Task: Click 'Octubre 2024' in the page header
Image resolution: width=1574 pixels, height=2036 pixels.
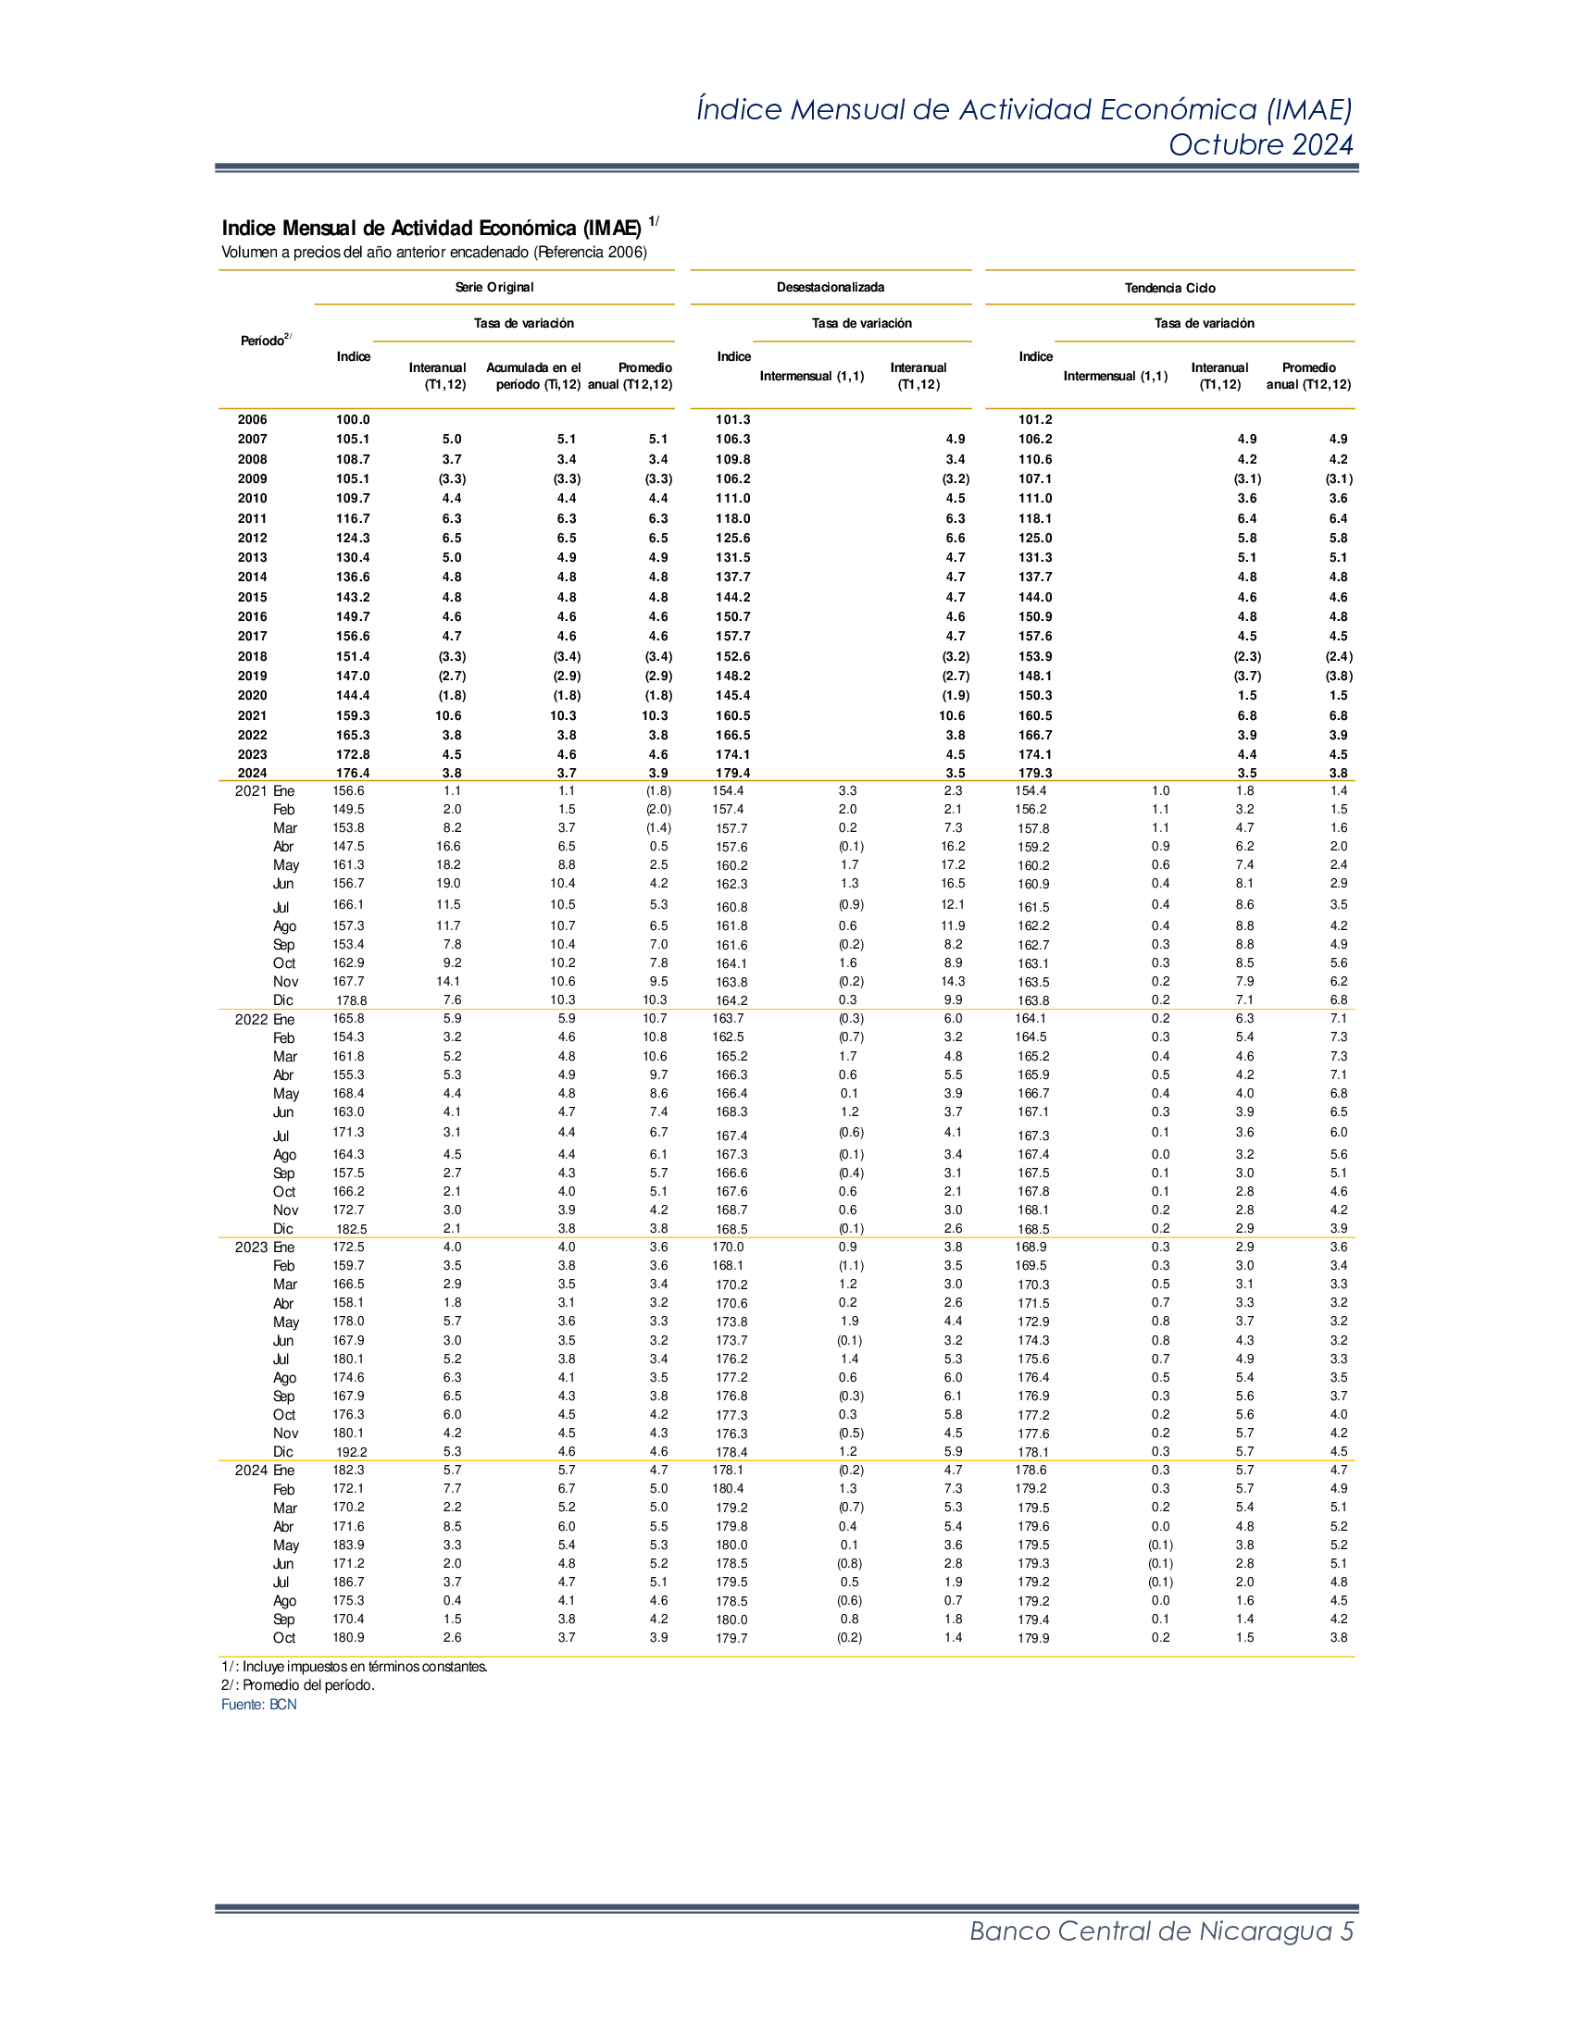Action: (x=1260, y=144)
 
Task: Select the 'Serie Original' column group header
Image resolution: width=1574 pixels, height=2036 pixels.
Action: (x=494, y=287)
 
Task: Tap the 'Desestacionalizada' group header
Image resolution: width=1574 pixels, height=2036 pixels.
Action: (x=830, y=287)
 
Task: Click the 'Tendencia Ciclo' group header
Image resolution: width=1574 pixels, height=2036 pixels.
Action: (x=1169, y=288)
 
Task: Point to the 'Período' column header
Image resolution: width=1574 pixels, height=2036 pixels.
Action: (x=265, y=341)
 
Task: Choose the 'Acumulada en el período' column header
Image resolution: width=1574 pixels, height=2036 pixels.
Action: (x=533, y=376)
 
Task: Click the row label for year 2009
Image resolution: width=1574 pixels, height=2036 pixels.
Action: (x=252, y=478)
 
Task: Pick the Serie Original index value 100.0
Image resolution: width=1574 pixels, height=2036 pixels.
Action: (x=353, y=419)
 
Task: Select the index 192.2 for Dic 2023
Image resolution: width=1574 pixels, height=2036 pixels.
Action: (x=352, y=1451)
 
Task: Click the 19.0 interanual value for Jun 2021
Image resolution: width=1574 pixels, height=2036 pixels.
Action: (x=448, y=883)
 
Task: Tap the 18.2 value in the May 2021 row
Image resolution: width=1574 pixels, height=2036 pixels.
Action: (x=448, y=864)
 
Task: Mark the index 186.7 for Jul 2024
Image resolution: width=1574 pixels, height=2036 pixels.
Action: (x=349, y=1582)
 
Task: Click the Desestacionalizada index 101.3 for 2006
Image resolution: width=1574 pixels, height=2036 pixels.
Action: (x=733, y=419)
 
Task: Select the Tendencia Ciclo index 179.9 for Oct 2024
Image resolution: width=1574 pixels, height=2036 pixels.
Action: (x=1033, y=1638)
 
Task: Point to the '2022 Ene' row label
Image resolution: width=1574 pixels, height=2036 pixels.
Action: (x=264, y=1019)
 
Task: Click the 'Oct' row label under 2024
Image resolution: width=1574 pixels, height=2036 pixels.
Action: (x=283, y=1638)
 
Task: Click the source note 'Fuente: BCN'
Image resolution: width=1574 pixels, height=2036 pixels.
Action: (x=258, y=1704)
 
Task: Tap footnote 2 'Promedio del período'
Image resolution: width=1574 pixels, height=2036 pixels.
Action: (x=297, y=1684)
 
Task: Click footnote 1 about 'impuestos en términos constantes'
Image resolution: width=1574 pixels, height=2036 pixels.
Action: (x=355, y=1666)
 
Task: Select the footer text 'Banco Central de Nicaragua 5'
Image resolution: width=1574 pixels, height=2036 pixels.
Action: (x=1161, y=1930)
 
